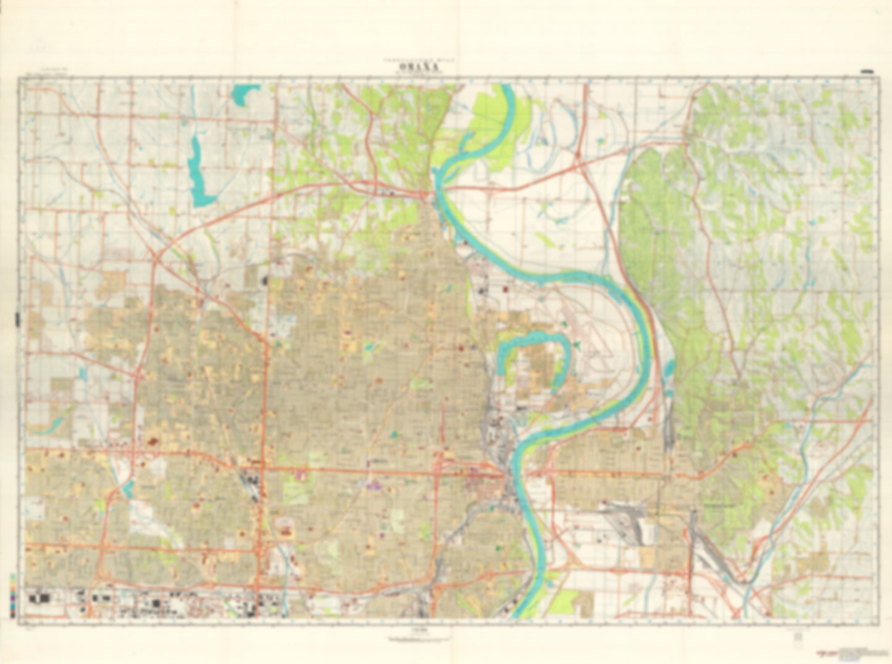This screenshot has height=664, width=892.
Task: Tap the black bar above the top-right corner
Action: [867, 72]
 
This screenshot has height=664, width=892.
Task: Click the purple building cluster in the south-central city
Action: [373, 486]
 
